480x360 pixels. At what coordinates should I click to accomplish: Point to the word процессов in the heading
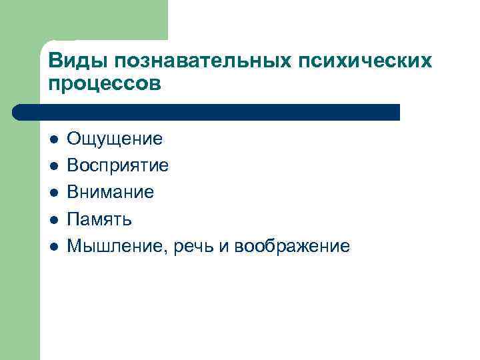tap(105, 85)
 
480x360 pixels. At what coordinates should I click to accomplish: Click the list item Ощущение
tap(115, 139)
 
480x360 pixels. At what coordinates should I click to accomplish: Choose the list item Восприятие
tap(118, 165)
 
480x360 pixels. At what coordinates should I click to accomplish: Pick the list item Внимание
tap(111, 192)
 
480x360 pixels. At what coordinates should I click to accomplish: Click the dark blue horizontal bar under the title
tap(207, 112)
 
